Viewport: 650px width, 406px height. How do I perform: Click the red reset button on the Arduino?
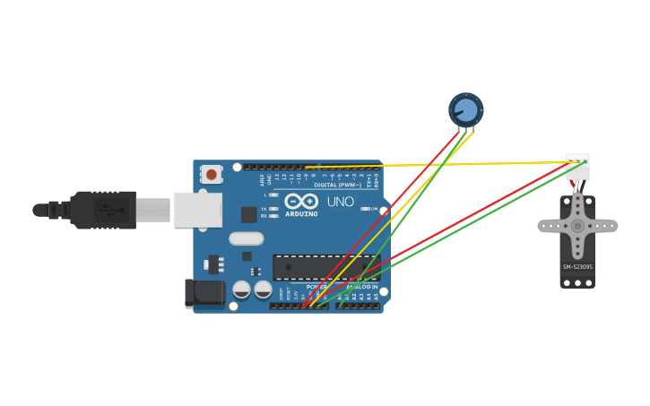point(211,174)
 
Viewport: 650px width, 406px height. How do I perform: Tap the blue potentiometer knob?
point(465,110)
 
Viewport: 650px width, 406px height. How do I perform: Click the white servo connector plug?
point(578,168)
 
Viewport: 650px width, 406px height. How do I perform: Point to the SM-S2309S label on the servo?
point(577,266)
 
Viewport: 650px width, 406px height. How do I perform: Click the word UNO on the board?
point(340,202)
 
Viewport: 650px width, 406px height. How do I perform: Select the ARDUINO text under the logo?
point(301,214)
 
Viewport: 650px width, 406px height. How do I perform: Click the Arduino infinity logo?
point(301,201)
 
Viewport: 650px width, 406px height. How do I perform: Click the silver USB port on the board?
point(197,209)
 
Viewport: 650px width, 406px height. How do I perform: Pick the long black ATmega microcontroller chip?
point(326,267)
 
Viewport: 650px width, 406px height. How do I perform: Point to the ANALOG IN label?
point(361,286)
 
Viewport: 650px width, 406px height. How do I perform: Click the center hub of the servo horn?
point(577,226)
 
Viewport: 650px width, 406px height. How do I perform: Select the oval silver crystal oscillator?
point(246,238)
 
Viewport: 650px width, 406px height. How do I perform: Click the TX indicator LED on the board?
point(273,209)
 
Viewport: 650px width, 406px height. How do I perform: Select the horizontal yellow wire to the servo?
point(430,164)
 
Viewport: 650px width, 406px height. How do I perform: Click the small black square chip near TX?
point(248,214)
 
